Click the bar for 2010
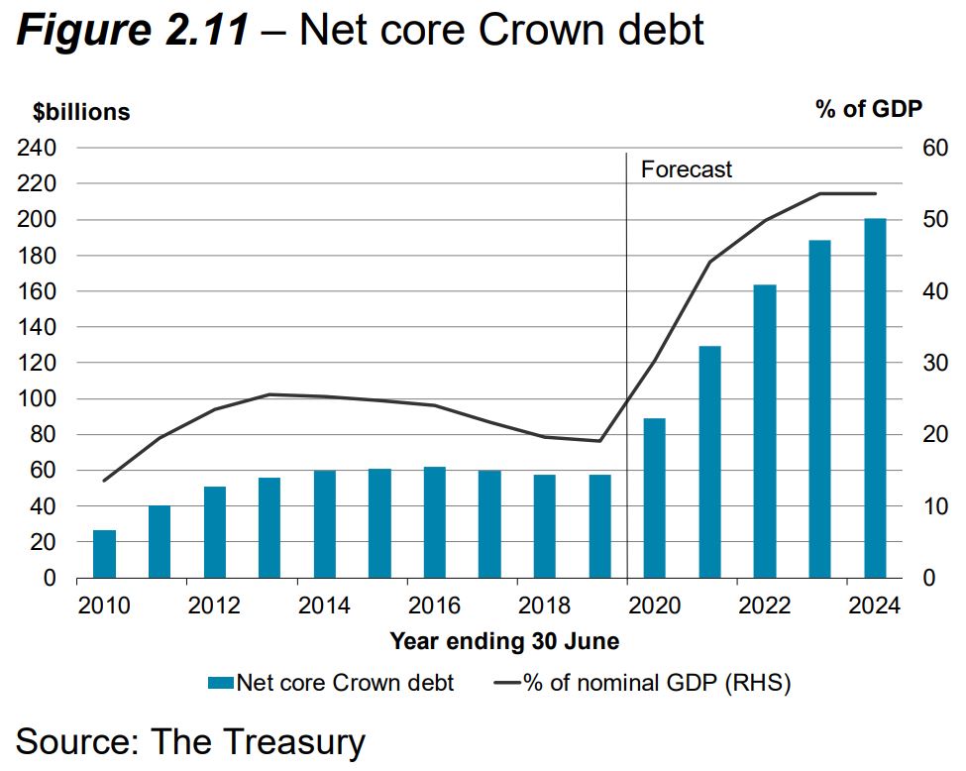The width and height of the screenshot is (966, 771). click(104, 554)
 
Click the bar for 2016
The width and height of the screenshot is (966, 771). click(434, 522)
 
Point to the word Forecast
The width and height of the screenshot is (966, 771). click(687, 169)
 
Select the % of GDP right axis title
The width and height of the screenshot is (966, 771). click(869, 109)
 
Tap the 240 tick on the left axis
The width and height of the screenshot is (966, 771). click(37, 148)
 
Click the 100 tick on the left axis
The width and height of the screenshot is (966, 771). click(37, 398)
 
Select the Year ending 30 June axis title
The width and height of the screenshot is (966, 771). click(504, 641)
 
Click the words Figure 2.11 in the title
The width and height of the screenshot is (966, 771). click(133, 31)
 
